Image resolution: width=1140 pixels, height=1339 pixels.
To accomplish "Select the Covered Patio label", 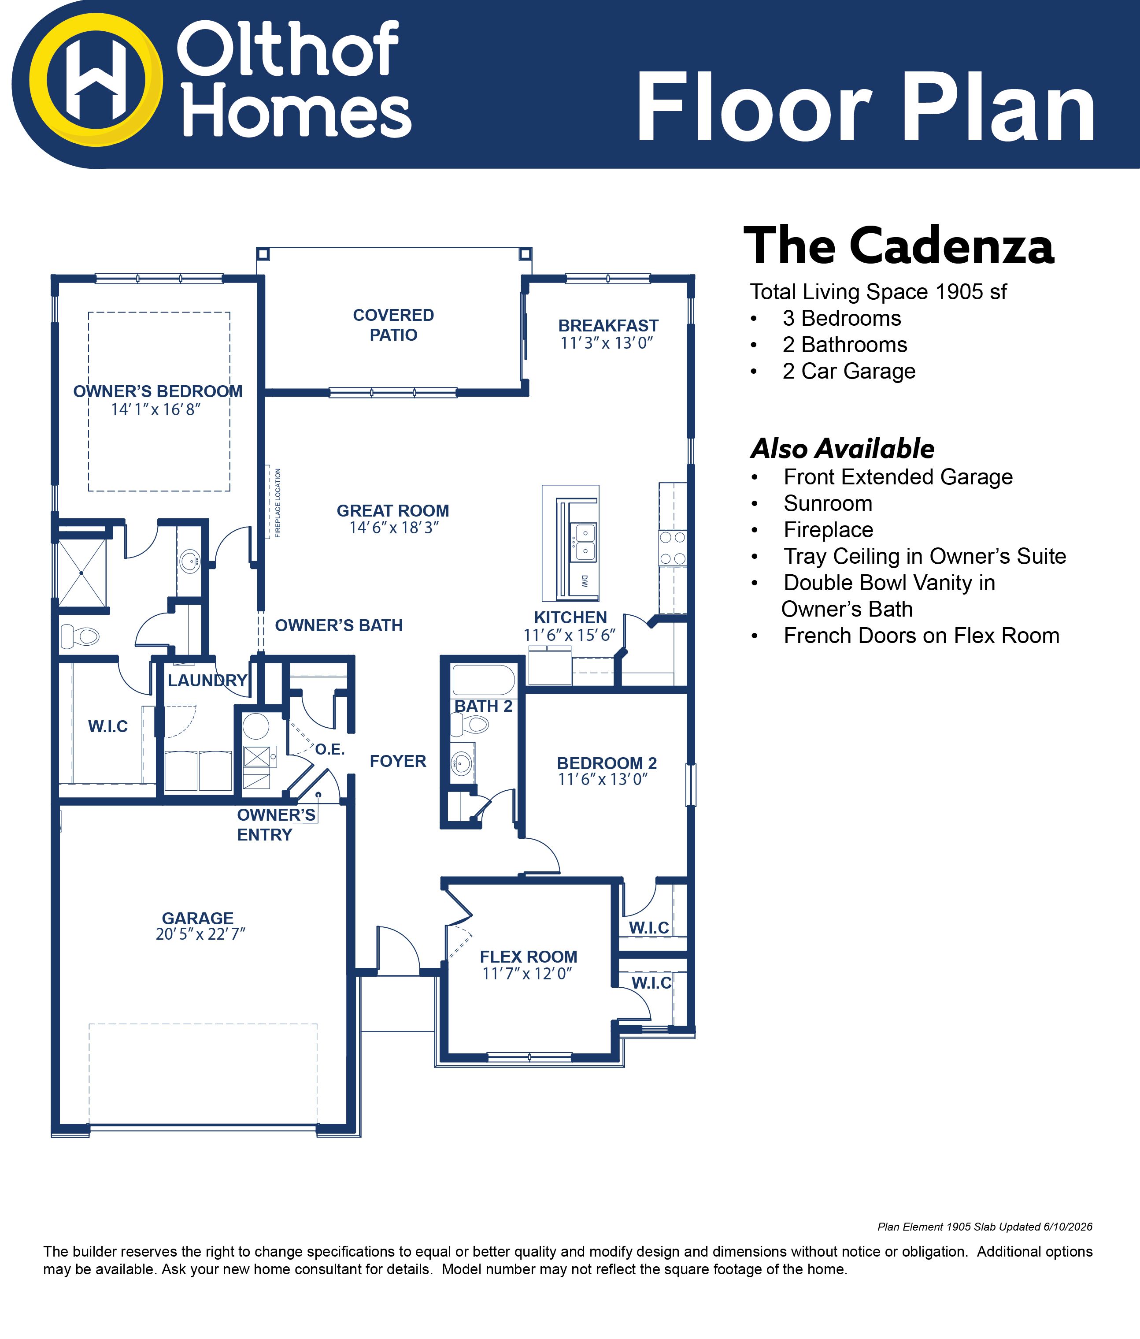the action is [x=393, y=325].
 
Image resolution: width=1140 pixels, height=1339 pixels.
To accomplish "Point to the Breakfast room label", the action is [x=608, y=326].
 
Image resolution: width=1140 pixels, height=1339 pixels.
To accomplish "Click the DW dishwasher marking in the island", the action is [x=585, y=580].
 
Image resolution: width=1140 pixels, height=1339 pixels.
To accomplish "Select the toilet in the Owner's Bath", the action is [x=79, y=636].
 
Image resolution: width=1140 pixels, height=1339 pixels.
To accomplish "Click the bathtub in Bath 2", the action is [x=484, y=680].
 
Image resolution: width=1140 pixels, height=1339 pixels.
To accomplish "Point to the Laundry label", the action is [x=207, y=681].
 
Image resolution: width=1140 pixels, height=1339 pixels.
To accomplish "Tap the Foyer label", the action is [x=398, y=761].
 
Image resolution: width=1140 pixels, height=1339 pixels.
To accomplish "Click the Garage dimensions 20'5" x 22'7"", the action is [x=201, y=934].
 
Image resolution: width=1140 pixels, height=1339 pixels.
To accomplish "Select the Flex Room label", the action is [x=528, y=956].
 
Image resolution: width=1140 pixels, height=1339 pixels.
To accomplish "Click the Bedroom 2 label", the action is [x=607, y=763].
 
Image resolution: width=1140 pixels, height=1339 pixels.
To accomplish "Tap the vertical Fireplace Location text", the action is [x=278, y=503].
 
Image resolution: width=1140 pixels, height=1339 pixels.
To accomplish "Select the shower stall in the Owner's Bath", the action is [x=82, y=573].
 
